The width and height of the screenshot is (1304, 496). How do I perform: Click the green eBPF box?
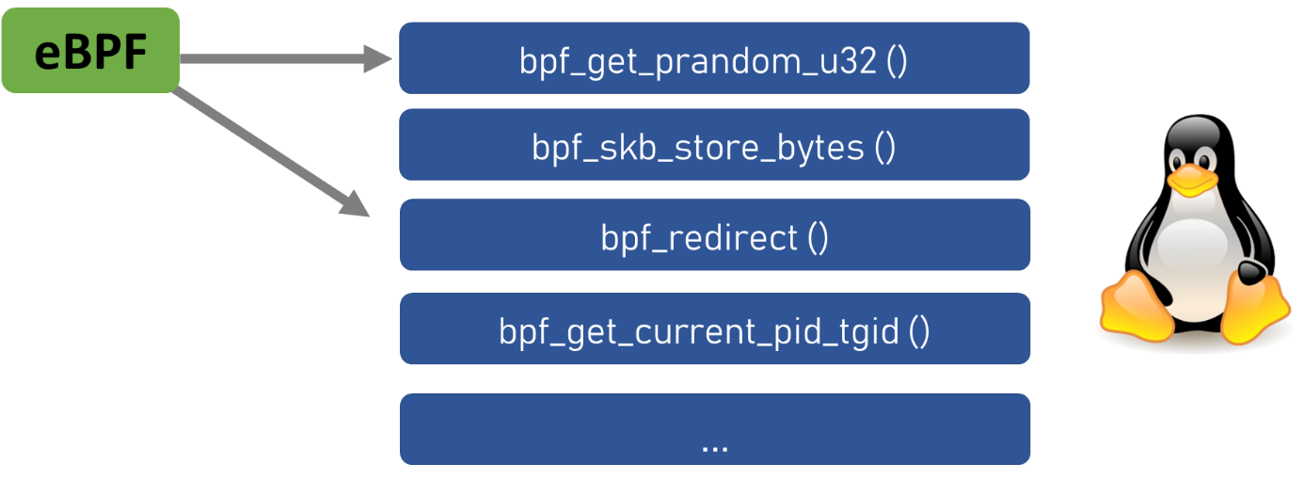[x=90, y=51]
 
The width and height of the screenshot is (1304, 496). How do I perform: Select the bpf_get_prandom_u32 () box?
[x=714, y=58]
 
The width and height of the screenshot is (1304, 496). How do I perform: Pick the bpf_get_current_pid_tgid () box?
[x=714, y=328]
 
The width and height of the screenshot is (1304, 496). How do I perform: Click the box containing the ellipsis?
[x=714, y=428]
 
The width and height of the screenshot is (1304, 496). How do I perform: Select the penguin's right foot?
[x=1255, y=307]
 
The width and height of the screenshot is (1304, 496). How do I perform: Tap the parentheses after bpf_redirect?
[x=818, y=237]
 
